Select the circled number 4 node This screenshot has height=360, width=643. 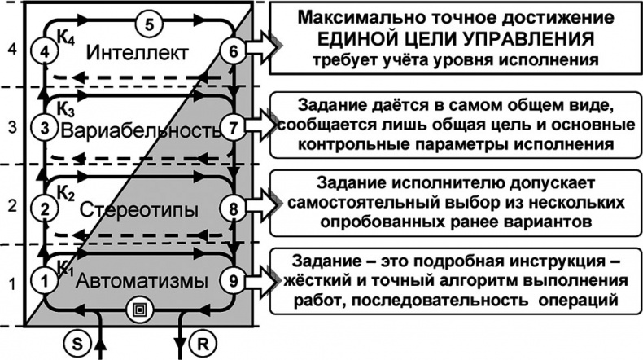coord(46,53)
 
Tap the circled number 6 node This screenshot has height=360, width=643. coord(234,52)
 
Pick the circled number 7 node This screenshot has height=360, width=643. coord(234,129)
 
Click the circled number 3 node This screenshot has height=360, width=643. coord(46,130)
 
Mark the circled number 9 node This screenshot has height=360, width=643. coord(234,281)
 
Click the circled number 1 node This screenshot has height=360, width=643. coord(46,281)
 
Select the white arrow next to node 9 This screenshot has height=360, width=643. coord(259,281)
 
